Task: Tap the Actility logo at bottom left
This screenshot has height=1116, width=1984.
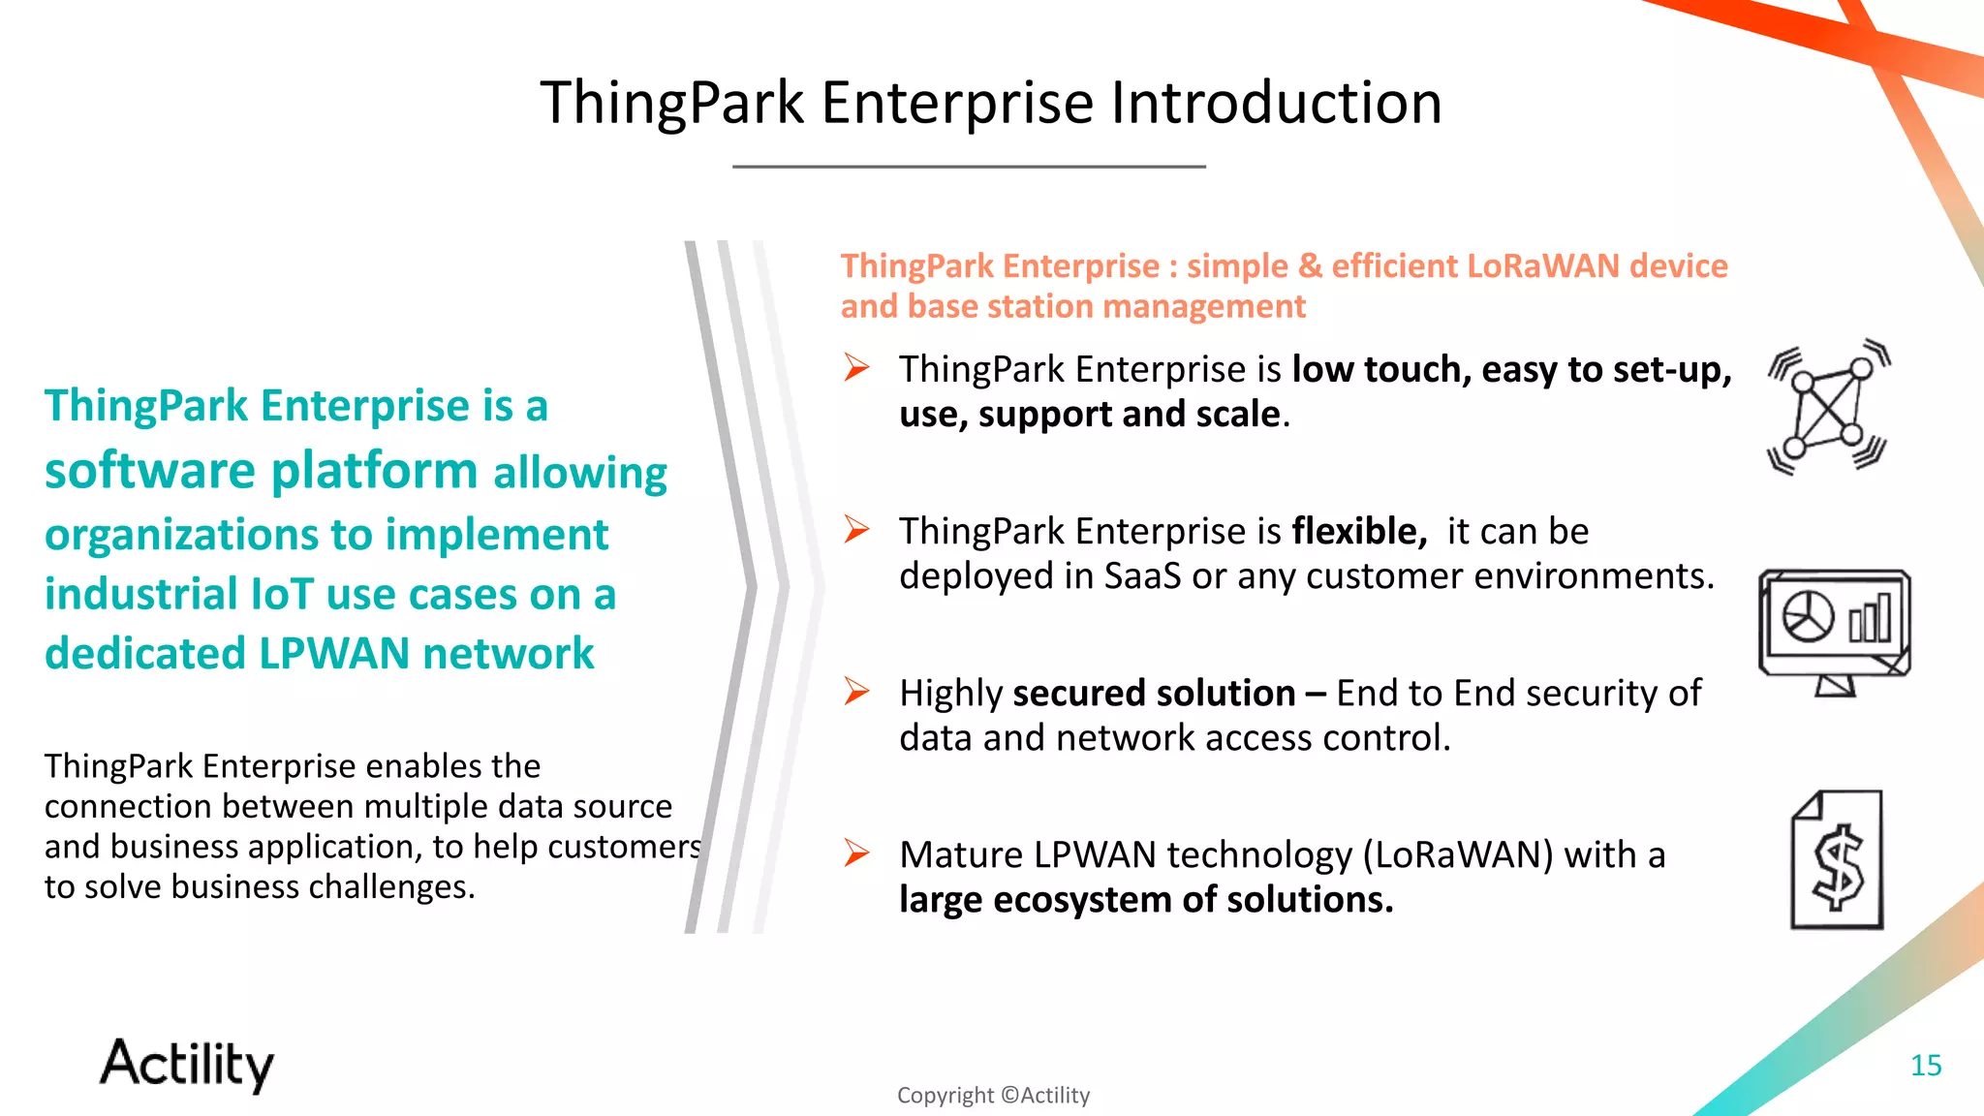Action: click(187, 1064)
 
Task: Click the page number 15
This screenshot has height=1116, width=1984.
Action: click(1925, 1066)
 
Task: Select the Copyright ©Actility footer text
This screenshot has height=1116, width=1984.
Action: click(993, 1096)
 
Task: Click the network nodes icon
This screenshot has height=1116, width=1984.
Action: click(1827, 408)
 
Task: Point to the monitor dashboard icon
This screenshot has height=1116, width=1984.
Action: click(1834, 631)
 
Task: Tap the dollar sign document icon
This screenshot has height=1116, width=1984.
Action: click(1837, 860)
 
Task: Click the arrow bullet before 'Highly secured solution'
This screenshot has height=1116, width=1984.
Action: click(855, 692)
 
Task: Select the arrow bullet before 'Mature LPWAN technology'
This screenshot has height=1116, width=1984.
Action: click(855, 852)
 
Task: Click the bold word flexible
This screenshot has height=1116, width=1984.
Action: click(1358, 532)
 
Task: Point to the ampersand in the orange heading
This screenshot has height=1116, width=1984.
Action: click(1310, 266)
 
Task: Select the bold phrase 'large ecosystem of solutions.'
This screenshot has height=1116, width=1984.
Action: click(1145, 900)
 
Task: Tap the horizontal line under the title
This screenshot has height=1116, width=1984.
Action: click(969, 167)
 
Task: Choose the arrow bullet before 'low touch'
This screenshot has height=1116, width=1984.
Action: click(855, 368)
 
